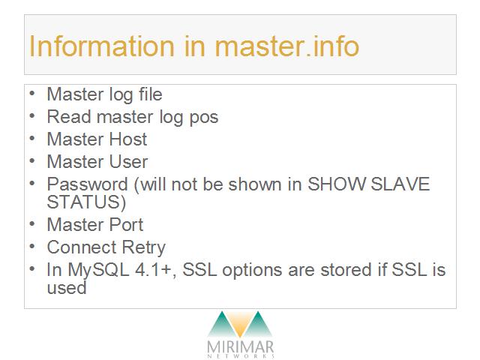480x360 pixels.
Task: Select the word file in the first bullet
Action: pyautogui.click(x=150, y=94)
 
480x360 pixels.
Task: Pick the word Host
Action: pyautogui.click(x=128, y=139)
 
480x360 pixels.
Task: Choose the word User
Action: pyautogui.click(x=128, y=162)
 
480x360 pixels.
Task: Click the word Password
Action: pyautogui.click(x=87, y=184)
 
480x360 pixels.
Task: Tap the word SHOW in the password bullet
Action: pyautogui.click(x=336, y=184)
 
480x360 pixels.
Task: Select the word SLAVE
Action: pyautogui.click(x=400, y=184)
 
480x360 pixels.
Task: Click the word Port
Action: pyautogui.click(x=126, y=225)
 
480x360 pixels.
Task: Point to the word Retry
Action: pyautogui.click(x=143, y=248)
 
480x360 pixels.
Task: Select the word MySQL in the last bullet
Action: pyautogui.click(x=98, y=271)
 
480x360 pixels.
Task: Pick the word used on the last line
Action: pyautogui.click(x=67, y=288)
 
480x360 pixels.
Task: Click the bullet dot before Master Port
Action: pyautogui.click(x=32, y=223)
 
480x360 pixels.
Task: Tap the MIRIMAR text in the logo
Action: pyautogui.click(x=240, y=346)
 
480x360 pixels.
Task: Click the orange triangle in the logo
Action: pyautogui.click(x=240, y=324)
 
